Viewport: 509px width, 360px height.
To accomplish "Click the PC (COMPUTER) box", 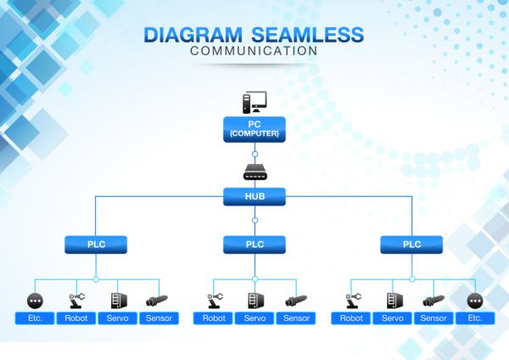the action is click(x=255, y=129).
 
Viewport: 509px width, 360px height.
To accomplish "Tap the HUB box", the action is click(x=255, y=197).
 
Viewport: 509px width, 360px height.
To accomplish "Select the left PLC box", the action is click(x=96, y=245).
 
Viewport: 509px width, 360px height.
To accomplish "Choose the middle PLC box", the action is click(x=255, y=245).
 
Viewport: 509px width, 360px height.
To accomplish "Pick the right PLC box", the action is click(x=411, y=245).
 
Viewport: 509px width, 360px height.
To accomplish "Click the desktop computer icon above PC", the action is click(x=255, y=103).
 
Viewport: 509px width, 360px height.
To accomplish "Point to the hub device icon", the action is click(x=255, y=172).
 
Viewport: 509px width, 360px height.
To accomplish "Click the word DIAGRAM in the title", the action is click(x=193, y=35).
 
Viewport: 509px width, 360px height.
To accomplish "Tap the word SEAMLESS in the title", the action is click(x=308, y=35).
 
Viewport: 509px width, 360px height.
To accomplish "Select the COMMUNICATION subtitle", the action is click(x=254, y=51).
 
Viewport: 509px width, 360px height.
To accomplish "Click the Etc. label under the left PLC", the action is click(x=35, y=318).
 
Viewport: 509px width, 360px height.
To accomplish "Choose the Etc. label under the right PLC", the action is click(x=475, y=318).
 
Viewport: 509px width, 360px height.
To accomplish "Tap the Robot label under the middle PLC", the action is click(x=213, y=318).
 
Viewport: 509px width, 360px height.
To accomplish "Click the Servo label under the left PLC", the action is click(x=118, y=318).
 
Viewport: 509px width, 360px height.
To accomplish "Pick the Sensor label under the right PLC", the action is click(x=433, y=318).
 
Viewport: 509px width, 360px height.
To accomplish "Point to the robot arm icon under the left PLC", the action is click(x=76, y=301).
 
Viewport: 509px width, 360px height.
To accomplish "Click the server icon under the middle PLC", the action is click(x=255, y=301).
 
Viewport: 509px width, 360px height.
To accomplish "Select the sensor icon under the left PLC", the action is click(x=157, y=301).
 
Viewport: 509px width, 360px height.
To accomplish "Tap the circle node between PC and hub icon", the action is click(x=255, y=154).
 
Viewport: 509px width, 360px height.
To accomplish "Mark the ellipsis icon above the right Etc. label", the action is click(x=475, y=301).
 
